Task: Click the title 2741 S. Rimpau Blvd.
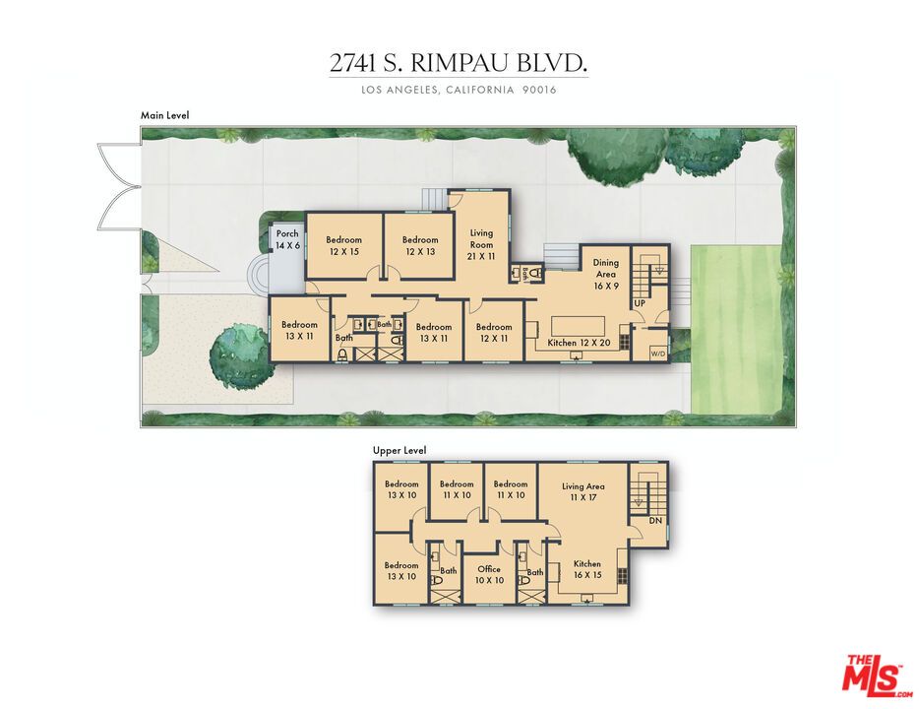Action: pyautogui.click(x=459, y=64)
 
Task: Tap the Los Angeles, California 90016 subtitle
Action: pyautogui.click(x=459, y=91)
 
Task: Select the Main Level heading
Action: pyautogui.click(x=164, y=115)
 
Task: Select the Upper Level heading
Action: pyautogui.click(x=399, y=451)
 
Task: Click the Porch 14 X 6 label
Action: pyautogui.click(x=286, y=239)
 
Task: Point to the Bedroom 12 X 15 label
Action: pyautogui.click(x=343, y=245)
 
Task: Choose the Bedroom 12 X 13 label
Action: pyautogui.click(x=420, y=245)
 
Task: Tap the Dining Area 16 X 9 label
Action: pyautogui.click(x=605, y=275)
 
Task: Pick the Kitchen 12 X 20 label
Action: pyautogui.click(x=579, y=344)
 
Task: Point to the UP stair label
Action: pyautogui.click(x=639, y=303)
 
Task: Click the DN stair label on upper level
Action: pyautogui.click(x=654, y=521)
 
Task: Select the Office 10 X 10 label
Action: pyautogui.click(x=489, y=575)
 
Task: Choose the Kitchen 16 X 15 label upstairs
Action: pyautogui.click(x=586, y=570)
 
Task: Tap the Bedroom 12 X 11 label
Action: pyautogui.click(x=494, y=333)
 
